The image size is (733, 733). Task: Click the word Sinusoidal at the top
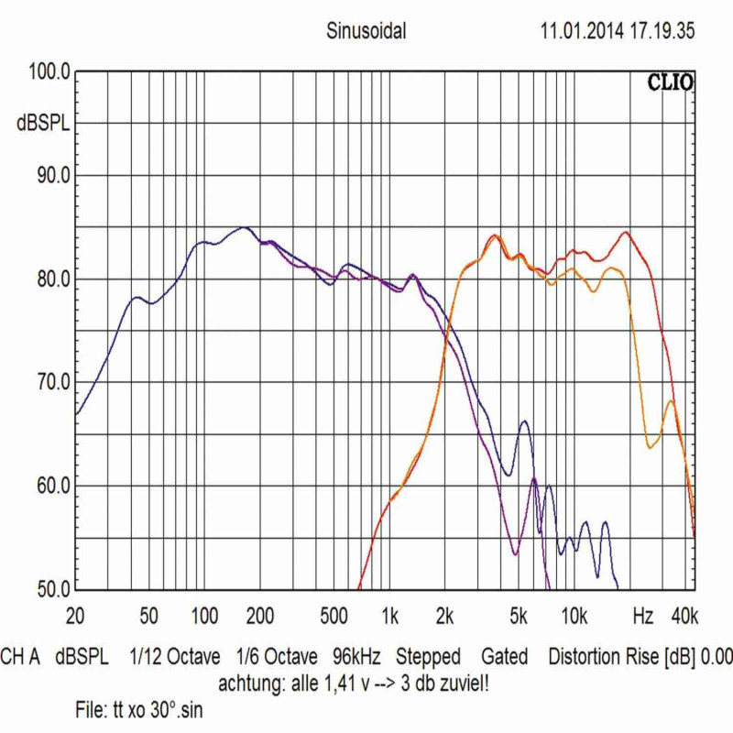366,31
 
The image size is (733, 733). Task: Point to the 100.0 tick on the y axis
47,72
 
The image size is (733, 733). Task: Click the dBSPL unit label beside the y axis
43,123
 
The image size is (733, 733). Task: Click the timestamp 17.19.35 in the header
661,31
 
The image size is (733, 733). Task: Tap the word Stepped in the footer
428,657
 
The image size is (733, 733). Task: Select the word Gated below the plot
505,657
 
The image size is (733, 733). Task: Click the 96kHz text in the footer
356,657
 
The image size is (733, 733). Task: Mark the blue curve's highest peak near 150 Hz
243,227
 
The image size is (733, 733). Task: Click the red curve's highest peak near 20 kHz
626,232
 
